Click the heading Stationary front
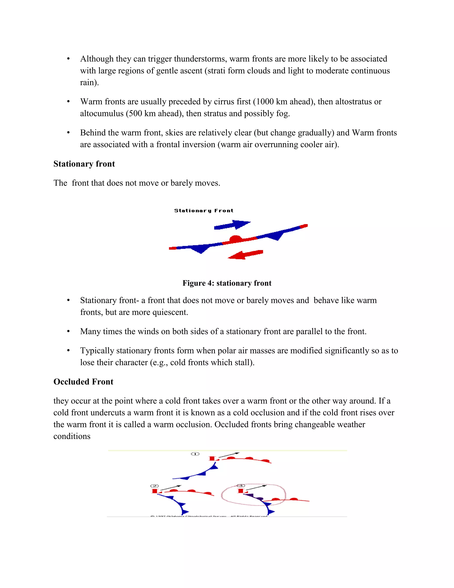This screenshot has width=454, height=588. (x=84, y=164)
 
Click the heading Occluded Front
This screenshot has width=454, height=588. (x=83, y=382)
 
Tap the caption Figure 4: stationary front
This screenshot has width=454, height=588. (x=227, y=283)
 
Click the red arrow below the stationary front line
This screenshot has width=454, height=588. (x=246, y=255)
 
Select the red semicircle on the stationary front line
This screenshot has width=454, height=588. (x=236, y=239)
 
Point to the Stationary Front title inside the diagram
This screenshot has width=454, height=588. (x=204, y=211)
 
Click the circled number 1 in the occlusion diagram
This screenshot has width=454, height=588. (x=195, y=454)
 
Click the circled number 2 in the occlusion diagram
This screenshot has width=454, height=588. (x=154, y=486)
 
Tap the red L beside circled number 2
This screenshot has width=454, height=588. (x=155, y=491)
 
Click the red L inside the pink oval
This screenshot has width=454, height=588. (x=241, y=491)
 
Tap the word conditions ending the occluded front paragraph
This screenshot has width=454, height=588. (x=72, y=436)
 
